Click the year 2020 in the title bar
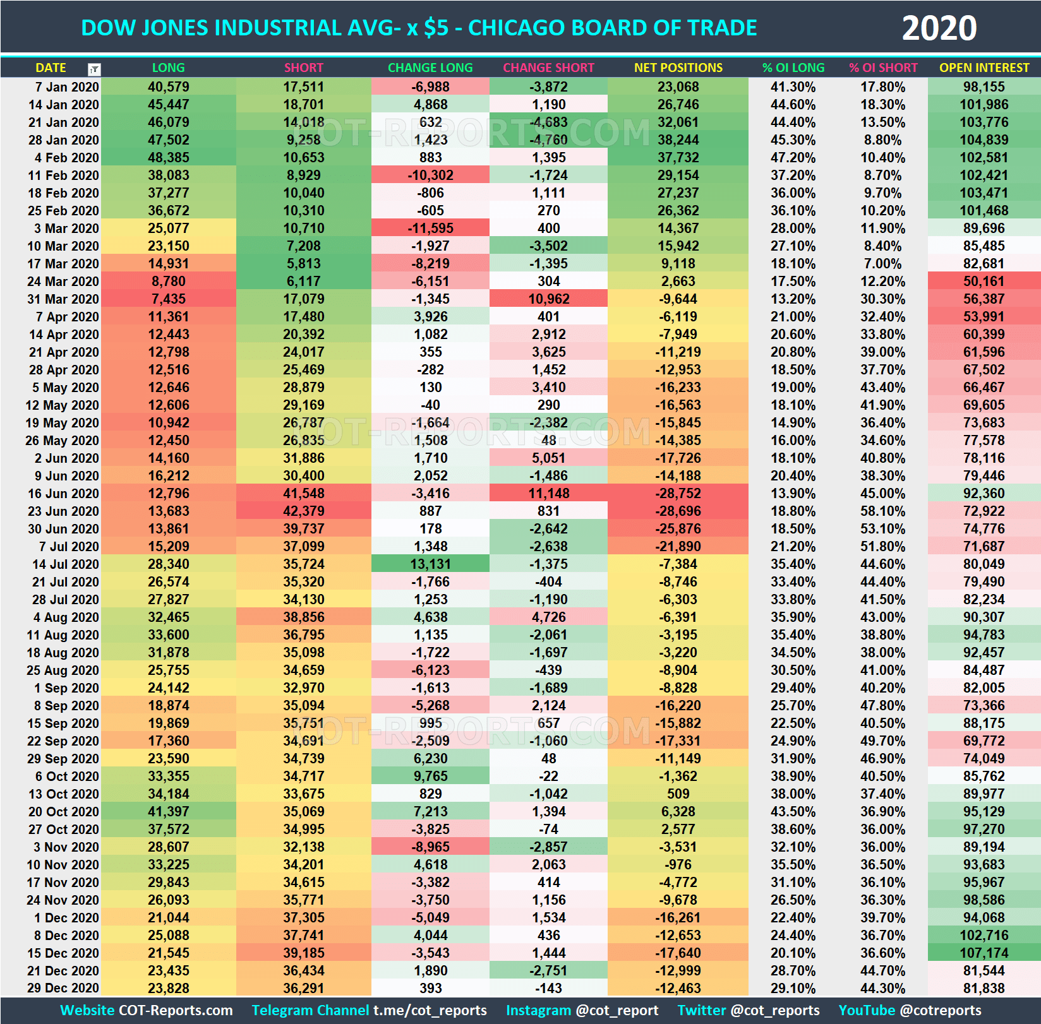pos(939,28)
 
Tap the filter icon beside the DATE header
pos(93,69)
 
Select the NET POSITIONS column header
pos(678,68)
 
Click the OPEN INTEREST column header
pos(984,68)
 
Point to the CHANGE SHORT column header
pos(548,68)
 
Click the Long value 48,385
pos(168,158)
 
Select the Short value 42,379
pos(303,511)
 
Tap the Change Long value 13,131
pos(430,564)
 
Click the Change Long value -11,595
pos(430,229)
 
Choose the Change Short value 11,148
pos(548,494)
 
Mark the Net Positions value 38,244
pos(678,140)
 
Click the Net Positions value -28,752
pos(678,494)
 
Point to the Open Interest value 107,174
pos(984,953)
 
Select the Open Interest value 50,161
pos(984,282)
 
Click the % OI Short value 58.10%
pos(882,511)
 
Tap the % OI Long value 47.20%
pos(793,158)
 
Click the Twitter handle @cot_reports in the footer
pos(774,1011)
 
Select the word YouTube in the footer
pos(867,1011)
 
